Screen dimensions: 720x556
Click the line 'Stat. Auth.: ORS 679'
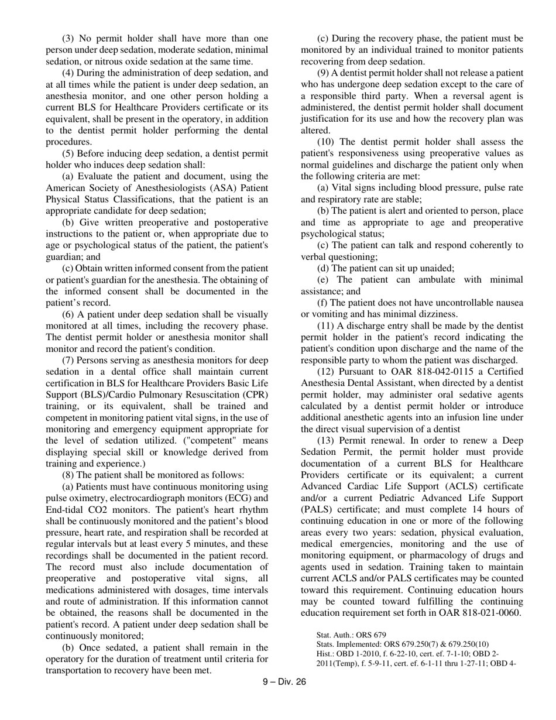351,635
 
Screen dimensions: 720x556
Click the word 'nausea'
509,303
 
